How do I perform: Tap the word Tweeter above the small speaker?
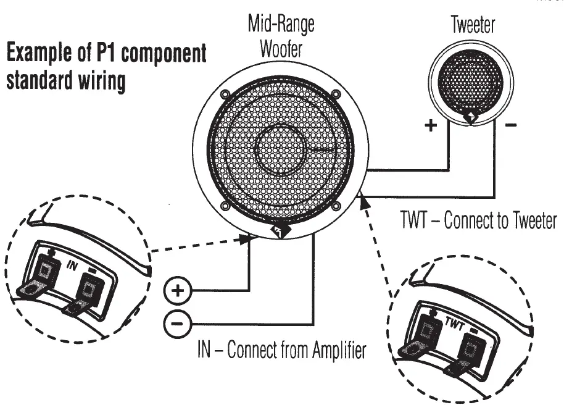click(x=473, y=25)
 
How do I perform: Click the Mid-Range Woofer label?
click(x=281, y=36)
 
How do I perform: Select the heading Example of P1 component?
click(x=106, y=54)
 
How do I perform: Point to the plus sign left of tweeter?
click(x=430, y=126)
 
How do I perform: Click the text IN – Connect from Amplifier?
click(x=281, y=351)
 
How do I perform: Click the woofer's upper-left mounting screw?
click(x=225, y=94)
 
